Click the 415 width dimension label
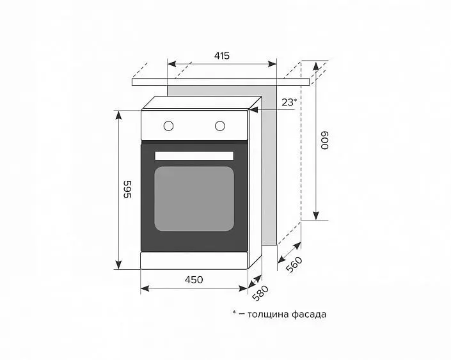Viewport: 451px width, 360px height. [x=222, y=56]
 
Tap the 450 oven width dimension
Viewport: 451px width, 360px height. [x=194, y=279]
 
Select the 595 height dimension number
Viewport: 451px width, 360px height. [x=127, y=189]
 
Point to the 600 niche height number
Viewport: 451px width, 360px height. [x=324, y=141]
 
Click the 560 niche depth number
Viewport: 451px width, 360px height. [x=294, y=264]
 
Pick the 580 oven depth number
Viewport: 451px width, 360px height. [x=260, y=293]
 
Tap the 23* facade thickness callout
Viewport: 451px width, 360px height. [x=289, y=102]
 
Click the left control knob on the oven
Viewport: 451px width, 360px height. [x=168, y=126]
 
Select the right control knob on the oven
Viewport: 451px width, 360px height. [x=220, y=126]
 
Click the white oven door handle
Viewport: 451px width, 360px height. [x=194, y=155]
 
